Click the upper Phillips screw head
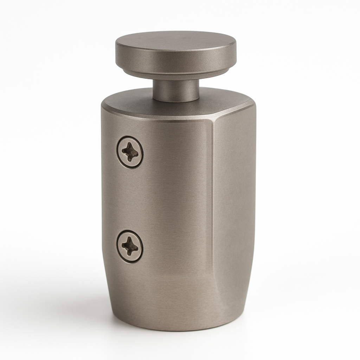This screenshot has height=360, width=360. pyautogui.click(x=130, y=152)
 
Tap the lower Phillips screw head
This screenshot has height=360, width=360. pyautogui.click(x=130, y=246)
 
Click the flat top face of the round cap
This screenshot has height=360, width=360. pyautogui.click(x=176, y=41)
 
